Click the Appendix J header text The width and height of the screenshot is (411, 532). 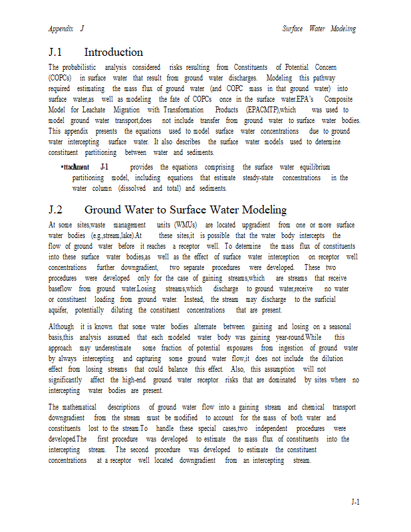[x=66, y=29]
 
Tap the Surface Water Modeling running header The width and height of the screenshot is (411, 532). [x=319, y=29]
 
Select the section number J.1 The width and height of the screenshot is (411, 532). [x=59, y=52]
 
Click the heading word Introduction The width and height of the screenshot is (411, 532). [x=113, y=52]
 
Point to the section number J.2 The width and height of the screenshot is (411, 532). [x=59, y=210]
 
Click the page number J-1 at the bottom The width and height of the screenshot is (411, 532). [x=355, y=502]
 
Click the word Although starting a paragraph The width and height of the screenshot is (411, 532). [x=61, y=327]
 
